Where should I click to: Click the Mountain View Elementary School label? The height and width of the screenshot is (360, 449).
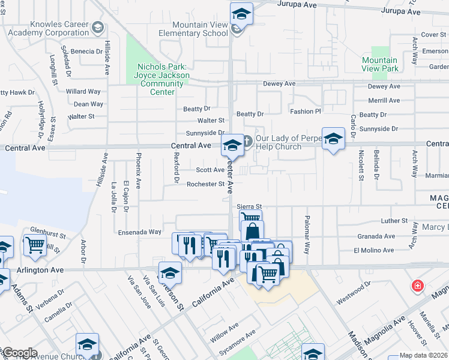[193, 29]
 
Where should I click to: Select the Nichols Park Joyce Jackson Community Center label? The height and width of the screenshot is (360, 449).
[163, 79]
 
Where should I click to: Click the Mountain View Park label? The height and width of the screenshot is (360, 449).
[381, 64]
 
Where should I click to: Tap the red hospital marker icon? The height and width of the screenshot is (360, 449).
[417, 286]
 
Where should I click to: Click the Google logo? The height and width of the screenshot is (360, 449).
[19, 353]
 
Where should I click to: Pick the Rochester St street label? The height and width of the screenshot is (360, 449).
[205, 184]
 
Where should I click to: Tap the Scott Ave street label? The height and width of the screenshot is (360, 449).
[210, 170]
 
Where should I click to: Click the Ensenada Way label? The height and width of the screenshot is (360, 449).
[139, 232]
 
